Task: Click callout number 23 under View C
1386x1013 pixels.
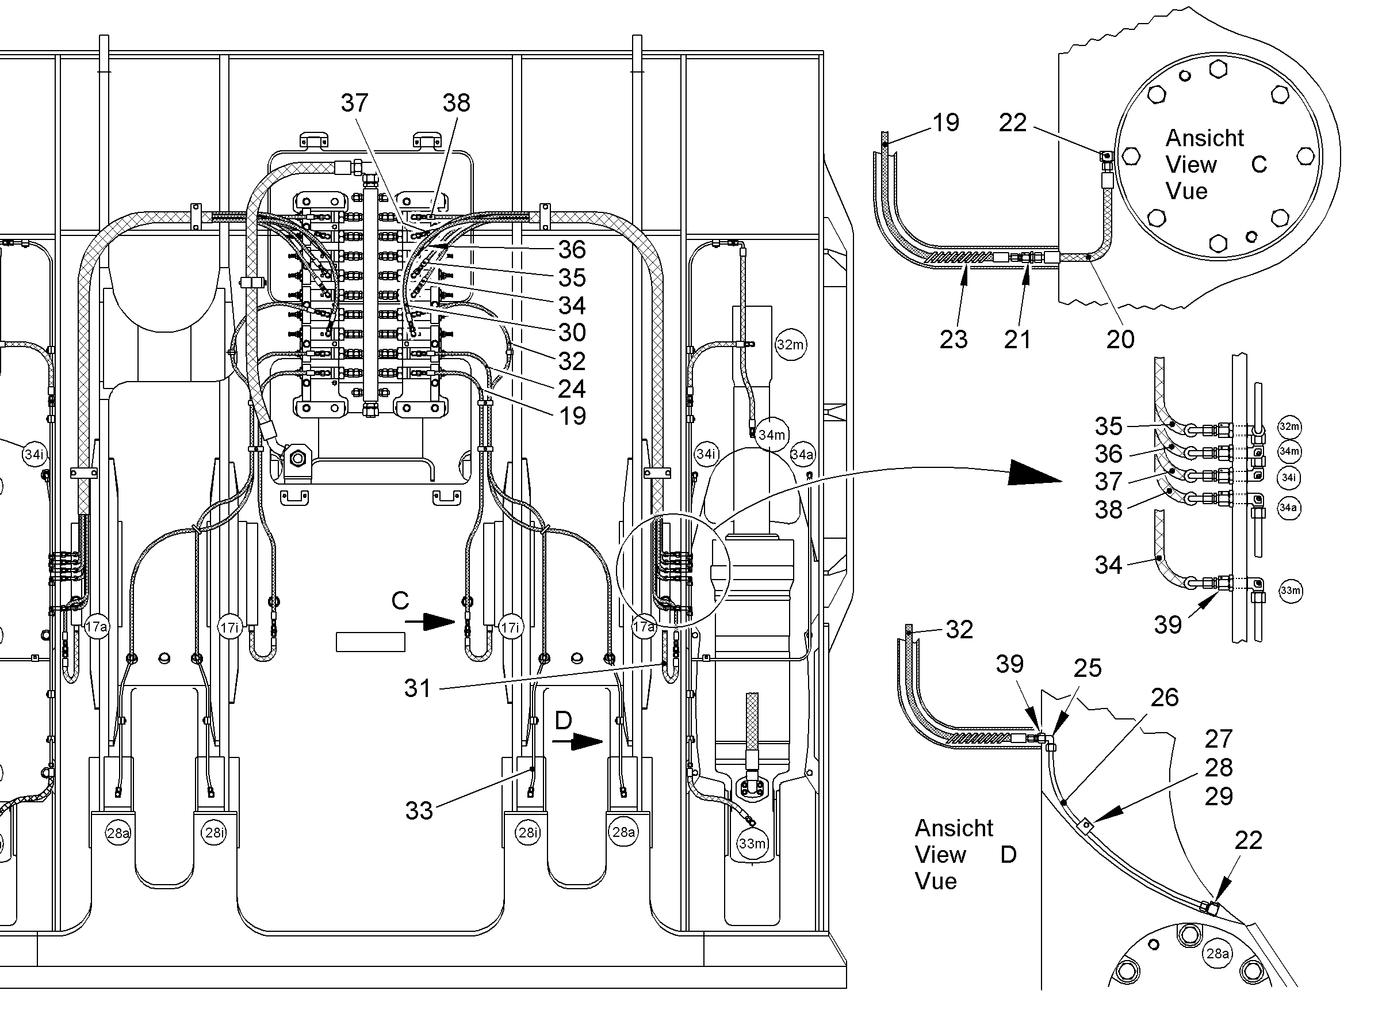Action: [954, 339]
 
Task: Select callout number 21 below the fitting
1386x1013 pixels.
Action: [1017, 339]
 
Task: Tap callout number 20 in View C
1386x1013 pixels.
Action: [1120, 339]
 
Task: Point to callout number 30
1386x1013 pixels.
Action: [572, 332]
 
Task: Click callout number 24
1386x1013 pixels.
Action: [572, 389]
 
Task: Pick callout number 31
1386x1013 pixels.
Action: [418, 688]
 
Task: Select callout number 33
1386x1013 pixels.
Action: [419, 810]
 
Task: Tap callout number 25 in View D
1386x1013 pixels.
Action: [1088, 668]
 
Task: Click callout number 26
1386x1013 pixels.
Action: [1164, 697]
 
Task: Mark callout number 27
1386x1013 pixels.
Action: [1218, 739]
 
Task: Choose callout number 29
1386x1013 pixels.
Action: [1218, 796]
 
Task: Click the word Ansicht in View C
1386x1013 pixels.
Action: [1205, 138]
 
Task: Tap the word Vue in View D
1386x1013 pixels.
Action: [936, 881]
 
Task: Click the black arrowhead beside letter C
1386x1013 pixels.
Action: [439, 622]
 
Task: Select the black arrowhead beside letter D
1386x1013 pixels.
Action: [587, 742]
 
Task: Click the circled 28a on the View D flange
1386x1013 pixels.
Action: [1217, 954]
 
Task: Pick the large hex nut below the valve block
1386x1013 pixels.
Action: [298, 458]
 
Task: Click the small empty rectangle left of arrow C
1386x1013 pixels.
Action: [370, 642]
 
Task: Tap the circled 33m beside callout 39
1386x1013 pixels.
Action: [1291, 591]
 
